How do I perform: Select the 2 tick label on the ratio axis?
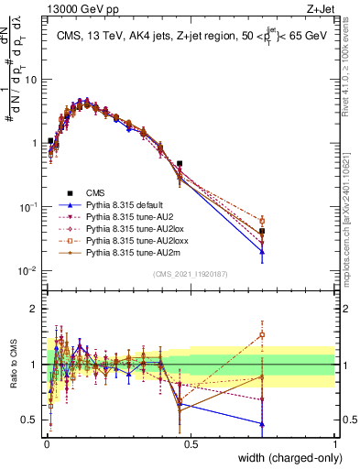(x=34, y=309)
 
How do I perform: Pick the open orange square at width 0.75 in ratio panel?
(x=262, y=334)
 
